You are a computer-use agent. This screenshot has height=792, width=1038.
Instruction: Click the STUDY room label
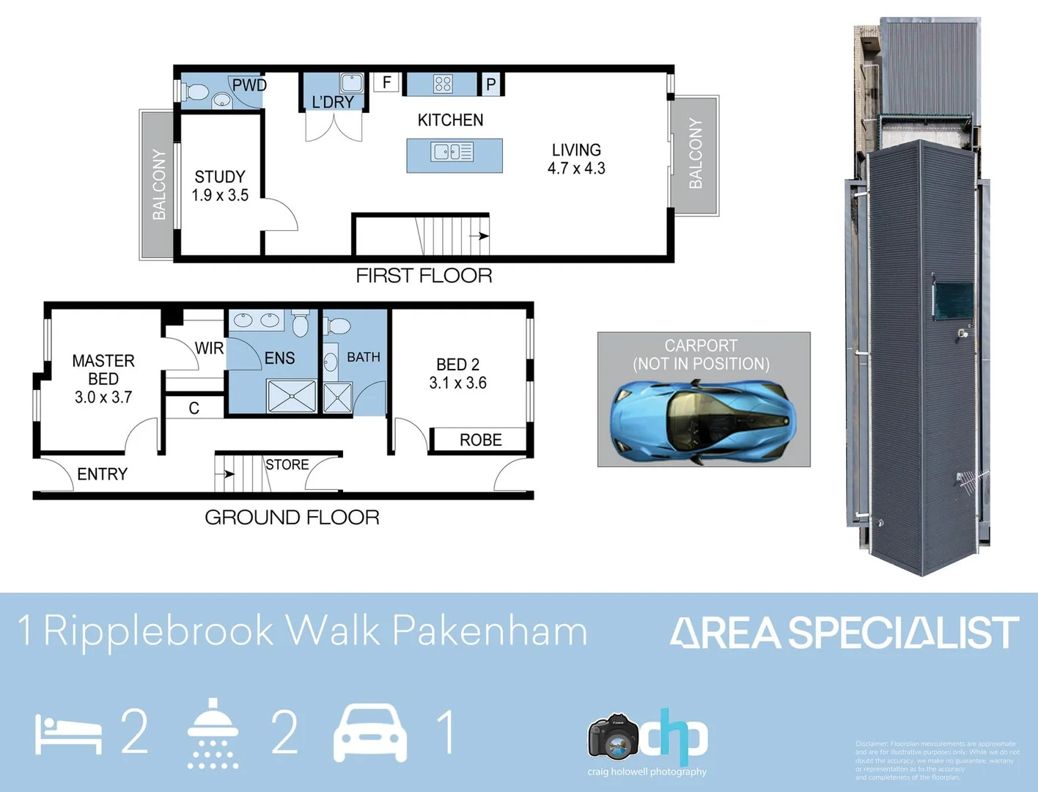[x=220, y=177]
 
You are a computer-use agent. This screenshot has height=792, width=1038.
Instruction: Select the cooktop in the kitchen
[x=443, y=84]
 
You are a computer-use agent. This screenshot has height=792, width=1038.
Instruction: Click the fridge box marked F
[x=386, y=82]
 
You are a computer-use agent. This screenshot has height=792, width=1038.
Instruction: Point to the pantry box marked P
[x=491, y=84]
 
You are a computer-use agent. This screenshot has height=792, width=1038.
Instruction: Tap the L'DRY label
[x=333, y=102]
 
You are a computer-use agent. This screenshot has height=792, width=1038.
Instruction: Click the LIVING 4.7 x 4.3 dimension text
[x=576, y=169]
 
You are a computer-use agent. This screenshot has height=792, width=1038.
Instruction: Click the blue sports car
[x=702, y=423]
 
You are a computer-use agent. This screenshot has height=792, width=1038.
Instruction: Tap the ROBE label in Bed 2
[x=480, y=440]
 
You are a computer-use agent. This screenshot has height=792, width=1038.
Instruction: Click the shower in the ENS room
[x=292, y=397]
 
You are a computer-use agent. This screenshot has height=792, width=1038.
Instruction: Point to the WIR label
[x=209, y=348]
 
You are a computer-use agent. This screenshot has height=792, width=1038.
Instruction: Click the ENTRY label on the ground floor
[x=102, y=474]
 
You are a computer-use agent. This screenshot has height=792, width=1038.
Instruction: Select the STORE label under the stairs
[x=287, y=465]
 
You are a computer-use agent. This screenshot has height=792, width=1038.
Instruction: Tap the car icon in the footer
[x=370, y=733]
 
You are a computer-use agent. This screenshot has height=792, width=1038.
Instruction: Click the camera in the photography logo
[x=613, y=738]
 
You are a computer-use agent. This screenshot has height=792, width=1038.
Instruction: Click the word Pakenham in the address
[x=490, y=631]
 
